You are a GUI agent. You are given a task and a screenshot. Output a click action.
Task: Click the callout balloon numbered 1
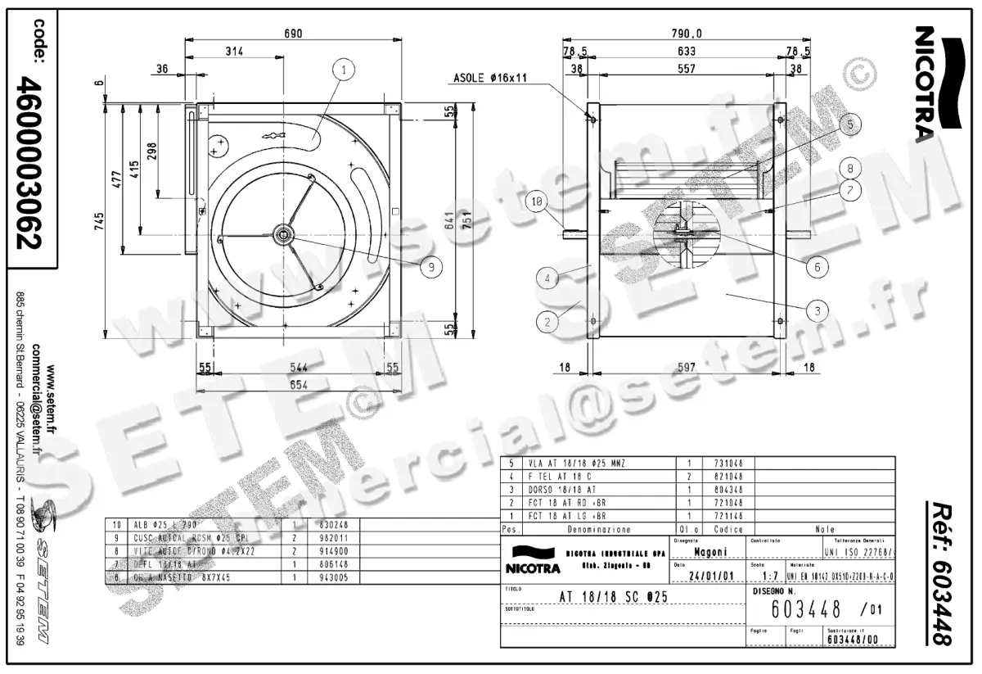pos(345,70)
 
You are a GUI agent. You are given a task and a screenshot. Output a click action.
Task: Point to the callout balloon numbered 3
pos(815,310)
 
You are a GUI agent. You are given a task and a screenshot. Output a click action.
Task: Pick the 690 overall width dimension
pos(293,34)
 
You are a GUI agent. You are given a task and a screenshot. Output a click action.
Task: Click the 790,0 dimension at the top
pos(687,34)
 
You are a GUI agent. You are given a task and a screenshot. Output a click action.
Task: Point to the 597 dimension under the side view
pos(686,369)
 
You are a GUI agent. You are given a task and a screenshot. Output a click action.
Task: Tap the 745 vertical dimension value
pos(98,220)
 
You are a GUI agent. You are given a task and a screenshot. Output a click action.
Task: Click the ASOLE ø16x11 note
pos(489,79)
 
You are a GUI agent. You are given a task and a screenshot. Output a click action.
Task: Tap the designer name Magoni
pos(705,552)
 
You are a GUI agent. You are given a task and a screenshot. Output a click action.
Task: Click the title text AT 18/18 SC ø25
pos(613,597)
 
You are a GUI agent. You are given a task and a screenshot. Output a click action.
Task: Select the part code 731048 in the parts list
pos(727,462)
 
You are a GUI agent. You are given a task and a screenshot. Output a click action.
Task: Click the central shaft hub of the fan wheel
pos(284,235)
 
